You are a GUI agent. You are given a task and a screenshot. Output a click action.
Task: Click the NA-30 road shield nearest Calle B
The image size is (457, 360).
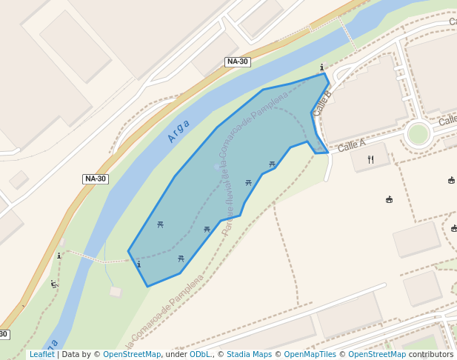[x=237, y=61]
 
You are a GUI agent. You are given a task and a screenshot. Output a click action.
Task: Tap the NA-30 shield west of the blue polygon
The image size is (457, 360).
[x=96, y=179]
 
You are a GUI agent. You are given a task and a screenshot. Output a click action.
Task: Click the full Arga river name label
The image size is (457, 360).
[x=179, y=130]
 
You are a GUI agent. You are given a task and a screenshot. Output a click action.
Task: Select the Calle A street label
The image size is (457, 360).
[x=352, y=146]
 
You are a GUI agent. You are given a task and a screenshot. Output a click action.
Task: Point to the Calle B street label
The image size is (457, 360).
[x=322, y=102]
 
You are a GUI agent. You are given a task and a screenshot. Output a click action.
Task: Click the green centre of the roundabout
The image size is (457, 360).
[x=418, y=134]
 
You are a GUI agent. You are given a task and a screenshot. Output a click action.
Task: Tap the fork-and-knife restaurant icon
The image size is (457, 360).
[x=370, y=159]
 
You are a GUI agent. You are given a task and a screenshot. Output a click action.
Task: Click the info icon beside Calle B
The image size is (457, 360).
[x=321, y=67]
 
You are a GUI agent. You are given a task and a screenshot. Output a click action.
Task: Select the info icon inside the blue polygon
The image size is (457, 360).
[x=139, y=264]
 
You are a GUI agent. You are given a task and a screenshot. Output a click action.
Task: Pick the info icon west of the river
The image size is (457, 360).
[x=59, y=256]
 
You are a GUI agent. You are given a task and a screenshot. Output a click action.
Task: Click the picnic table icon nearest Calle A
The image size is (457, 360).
[x=272, y=164]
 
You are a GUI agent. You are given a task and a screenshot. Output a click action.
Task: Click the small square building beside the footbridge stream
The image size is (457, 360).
[x=116, y=292]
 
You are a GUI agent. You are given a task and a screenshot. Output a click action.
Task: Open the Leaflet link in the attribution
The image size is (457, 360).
[x=42, y=355]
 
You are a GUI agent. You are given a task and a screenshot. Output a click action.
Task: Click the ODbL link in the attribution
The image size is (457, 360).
[x=200, y=355]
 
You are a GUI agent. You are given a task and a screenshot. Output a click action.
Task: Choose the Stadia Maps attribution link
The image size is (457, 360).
[x=250, y=355]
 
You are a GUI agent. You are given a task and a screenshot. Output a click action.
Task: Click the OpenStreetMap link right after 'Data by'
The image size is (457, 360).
[x=132, y=355]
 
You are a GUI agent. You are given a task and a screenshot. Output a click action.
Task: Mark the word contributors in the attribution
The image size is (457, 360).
[x=431, y=355]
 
